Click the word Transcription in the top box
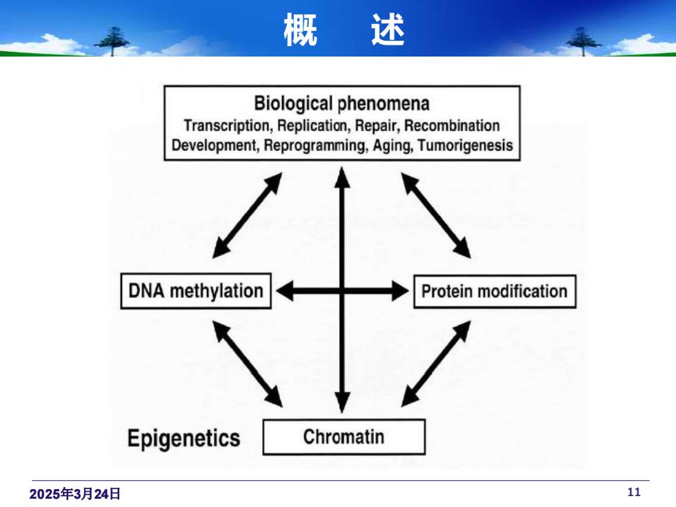click(227, 126)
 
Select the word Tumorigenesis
click(466, 146)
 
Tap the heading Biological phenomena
click(341, 104)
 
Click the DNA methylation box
click(196, 291)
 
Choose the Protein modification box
click(495, 291)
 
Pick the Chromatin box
click(344, 437)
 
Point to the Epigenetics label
click(183, 439)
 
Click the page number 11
click(634, 492)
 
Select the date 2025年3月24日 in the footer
click(74, 494)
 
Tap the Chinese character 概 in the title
click(301, 30)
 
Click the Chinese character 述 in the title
click(388, 30)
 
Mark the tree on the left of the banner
click(112, 41)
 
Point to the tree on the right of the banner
click(583, 41)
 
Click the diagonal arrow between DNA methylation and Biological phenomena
click(248, 215)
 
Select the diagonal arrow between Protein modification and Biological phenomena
click(436, 215)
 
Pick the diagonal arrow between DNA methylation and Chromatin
click(248, 364)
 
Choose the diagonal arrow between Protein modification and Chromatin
click(436, 364)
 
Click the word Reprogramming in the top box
click(315, 146)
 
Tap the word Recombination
click(452, 126)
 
